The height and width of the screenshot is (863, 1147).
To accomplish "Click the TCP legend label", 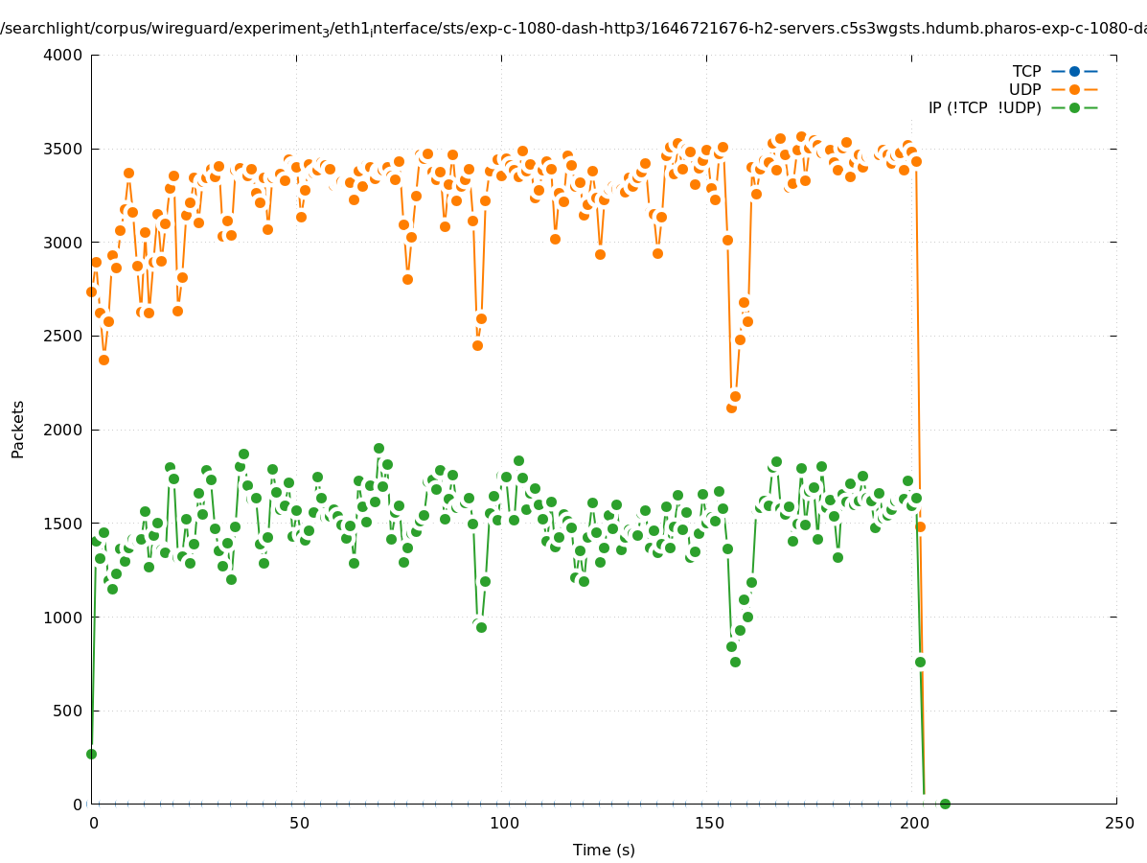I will tap(1026, 71).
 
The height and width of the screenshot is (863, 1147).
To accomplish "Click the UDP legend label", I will tap(1024, 89).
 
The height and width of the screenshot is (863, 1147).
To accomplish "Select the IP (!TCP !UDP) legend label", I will tap(984, 107).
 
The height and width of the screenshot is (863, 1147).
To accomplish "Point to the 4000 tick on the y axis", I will tap(63, 55).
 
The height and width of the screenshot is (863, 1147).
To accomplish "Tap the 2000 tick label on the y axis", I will tap(63, 430).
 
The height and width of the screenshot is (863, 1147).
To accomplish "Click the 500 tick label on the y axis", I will tap(68, 711).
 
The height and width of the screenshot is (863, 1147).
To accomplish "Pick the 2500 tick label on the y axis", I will tap(63, 336).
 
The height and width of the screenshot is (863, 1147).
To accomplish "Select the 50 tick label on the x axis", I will tap(299, 823).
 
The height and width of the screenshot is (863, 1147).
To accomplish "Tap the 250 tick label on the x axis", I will tap(1117, 823).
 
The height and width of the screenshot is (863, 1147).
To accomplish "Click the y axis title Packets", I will tap(18, 429).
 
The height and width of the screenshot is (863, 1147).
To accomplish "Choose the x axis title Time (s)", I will tap(604, 850).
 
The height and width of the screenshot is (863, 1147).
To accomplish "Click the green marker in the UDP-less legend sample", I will tap(1074, 107).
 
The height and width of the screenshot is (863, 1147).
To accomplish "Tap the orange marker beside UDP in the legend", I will tap(1074, 89).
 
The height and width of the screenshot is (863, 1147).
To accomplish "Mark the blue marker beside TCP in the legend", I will tap(1074, 71).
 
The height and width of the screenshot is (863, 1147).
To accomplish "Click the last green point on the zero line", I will tap(945, 804).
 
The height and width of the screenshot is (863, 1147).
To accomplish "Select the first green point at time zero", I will tap(91, 754).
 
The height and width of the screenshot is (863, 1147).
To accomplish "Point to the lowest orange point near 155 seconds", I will tap(731, 408).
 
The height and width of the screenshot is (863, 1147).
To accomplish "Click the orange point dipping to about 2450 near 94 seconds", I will tap(477, 345).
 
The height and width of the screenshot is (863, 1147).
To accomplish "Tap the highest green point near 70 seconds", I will tap(379, 448).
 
